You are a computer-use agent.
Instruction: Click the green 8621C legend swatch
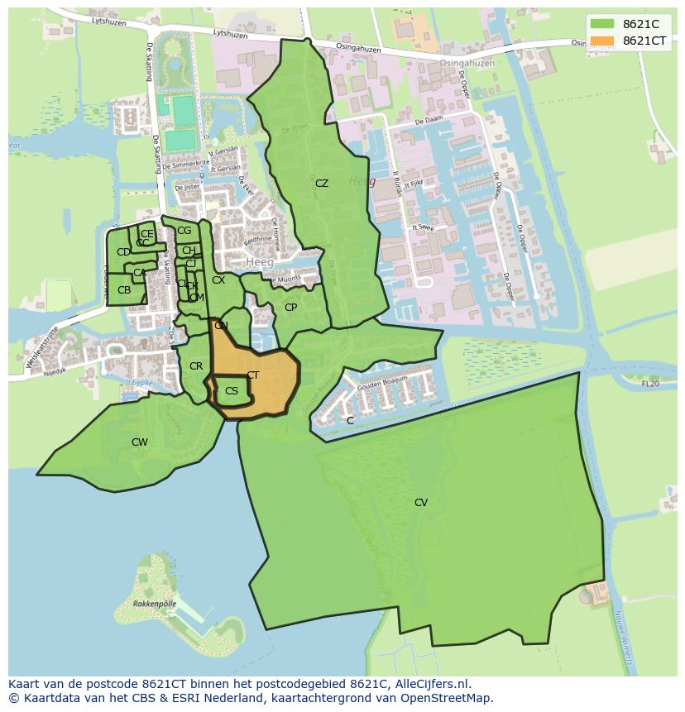602,23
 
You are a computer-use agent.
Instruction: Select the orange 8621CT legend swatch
602,41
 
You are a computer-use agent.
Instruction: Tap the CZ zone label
322,184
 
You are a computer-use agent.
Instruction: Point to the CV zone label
421,503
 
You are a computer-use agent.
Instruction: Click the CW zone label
140,442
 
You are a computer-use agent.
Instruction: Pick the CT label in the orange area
252,375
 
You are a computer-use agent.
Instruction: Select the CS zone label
232,391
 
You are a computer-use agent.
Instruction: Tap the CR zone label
196,366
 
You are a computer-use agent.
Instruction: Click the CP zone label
290,308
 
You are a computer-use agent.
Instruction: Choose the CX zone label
218,280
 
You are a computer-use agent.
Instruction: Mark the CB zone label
124,290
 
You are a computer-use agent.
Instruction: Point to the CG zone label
184,231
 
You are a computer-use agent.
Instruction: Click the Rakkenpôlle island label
154,604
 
